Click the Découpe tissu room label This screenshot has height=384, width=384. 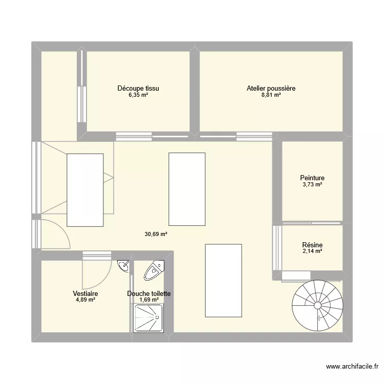[x=141, y=88]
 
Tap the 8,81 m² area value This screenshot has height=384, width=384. [x=271, y=95]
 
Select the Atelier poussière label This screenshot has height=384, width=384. [x=271, y=88]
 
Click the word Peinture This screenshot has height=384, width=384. [x=312, y=178]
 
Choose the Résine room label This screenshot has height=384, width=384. [x=312, y=245]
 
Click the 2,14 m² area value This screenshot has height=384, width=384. [x=312, y=251]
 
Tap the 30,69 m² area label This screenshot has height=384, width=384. [x=156, y=234]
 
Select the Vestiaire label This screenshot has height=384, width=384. [x=86, y=293]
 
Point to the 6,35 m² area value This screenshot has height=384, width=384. [x=141, y=95]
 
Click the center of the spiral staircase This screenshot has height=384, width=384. [x=317, y=306]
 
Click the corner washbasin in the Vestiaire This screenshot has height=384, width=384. [x=123, y=266]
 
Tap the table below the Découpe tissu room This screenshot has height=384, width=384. [x=187, y=189]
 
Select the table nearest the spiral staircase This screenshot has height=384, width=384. [x=223, y=281]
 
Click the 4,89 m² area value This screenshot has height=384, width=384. [x=86, y=300]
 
